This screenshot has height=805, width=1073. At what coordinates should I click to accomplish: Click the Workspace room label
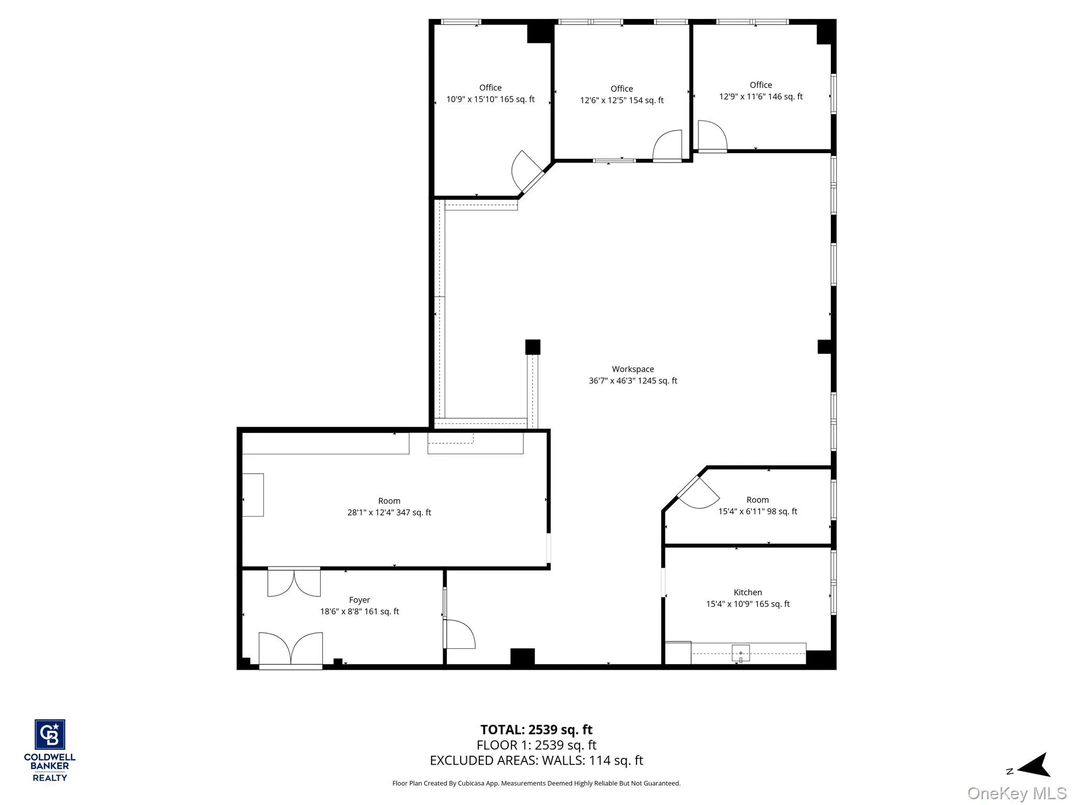pos(632,369)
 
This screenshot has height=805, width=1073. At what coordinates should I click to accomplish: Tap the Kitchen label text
pos(748,592)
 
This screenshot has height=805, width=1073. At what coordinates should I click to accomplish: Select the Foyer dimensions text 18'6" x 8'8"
pos(359,612)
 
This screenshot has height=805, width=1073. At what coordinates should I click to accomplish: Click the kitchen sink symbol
pos(740,653)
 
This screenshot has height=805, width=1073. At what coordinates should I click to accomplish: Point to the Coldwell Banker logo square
pos(50,734)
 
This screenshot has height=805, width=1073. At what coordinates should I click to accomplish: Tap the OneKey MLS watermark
pos(1016,793)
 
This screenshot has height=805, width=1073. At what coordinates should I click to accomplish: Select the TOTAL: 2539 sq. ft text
pos(536,730)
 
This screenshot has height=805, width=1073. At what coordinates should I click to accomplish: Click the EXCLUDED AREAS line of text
pos(536,760)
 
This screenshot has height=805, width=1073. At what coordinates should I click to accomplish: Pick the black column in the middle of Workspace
pos(532,347)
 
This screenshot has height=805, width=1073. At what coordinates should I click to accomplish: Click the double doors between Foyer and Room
pos(294,582)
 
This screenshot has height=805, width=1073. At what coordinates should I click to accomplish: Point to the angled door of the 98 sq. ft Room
pos(698,493)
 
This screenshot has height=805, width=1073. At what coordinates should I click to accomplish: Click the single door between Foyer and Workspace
pos(459,634)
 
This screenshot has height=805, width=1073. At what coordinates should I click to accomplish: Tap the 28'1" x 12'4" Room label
pos(389,507)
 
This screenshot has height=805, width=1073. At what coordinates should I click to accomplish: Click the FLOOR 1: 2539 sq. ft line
pos(536,745)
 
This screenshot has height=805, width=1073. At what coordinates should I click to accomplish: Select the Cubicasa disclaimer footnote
pos(536,783)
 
